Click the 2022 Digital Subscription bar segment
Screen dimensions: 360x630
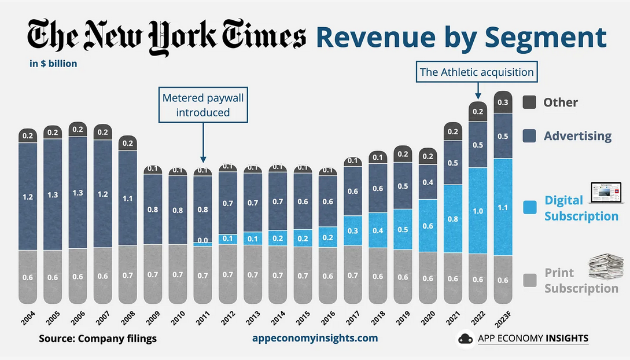coord(478,210)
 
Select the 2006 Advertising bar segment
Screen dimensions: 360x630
coord(78,192)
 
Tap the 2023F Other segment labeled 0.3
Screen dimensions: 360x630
coord(503,102)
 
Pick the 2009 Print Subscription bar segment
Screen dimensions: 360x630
coord(153,274)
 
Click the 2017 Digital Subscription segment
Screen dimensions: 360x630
coord(352,230)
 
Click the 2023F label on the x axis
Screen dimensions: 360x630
coord(503,319)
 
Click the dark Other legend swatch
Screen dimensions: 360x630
coord(529,102)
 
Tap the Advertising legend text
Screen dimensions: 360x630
coord(577,136)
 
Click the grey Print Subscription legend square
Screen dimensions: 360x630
coord(529,281)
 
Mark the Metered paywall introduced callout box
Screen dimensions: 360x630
coord(203,105)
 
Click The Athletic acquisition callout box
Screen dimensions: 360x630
coord(477,72)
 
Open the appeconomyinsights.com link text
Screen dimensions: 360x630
coord(315,338)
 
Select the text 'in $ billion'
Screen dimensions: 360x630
coord(53,64)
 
